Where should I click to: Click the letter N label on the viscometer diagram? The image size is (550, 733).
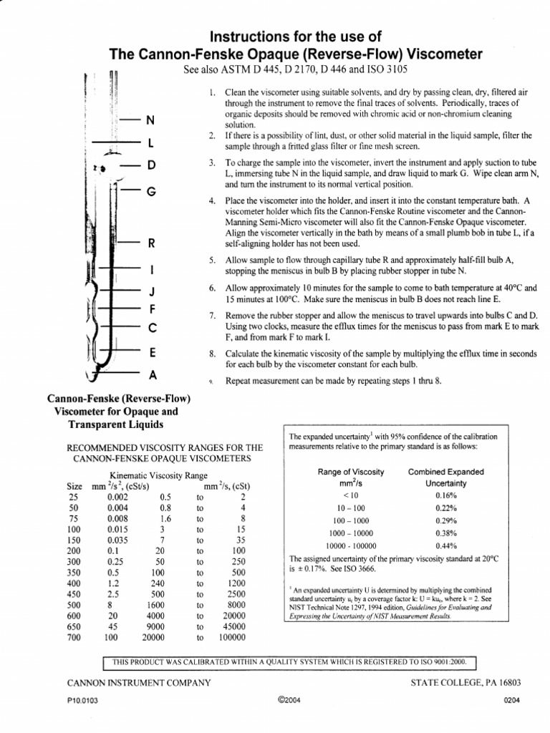(x=150, y=120)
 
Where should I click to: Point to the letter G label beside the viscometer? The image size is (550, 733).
(x=150, y=191)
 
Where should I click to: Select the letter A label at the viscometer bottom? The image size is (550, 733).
(x=152, y=374)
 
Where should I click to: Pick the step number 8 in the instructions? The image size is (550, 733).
(x=212, y=354)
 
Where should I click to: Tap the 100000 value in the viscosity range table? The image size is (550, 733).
(x=232, y=636)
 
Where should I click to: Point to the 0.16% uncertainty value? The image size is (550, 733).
(x=446, y=495)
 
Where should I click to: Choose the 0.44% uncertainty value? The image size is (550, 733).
(x=446, y=545)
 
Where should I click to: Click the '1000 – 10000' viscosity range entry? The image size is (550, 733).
(x=350, y=533)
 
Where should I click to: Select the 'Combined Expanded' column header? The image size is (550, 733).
(x=445, y=472)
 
